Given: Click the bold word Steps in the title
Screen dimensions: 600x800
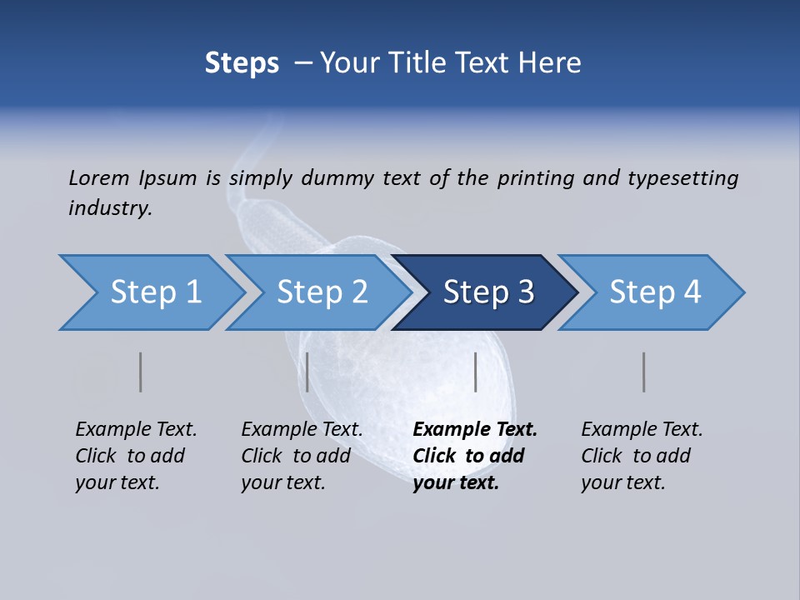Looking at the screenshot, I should [242, 63].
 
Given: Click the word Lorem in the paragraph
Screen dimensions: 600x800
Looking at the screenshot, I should [97, 177].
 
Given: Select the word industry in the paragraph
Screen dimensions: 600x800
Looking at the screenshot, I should [110, 208].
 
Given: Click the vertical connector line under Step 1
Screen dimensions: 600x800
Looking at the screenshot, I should [140, 372].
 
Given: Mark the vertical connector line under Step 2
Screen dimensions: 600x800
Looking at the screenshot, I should [307, 372].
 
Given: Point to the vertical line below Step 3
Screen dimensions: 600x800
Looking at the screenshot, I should [475, 372].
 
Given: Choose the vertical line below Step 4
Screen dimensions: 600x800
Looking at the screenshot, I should [643, 372].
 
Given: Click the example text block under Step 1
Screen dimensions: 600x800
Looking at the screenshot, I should [136, 456].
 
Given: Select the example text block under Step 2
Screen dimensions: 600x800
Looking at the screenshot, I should [302, 456].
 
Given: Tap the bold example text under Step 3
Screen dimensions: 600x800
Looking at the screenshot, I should [475, 456].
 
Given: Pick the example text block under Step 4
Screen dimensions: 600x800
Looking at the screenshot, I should [642, 456].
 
